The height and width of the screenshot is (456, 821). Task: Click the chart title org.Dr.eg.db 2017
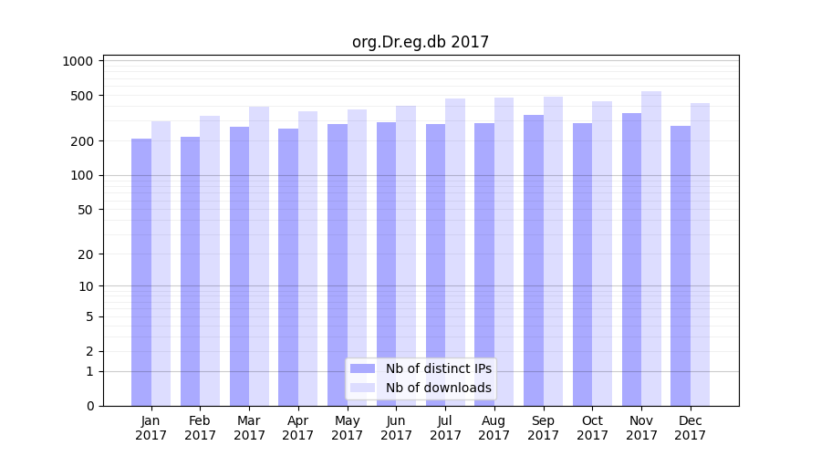click(421, 42)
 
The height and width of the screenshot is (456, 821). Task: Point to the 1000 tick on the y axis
click(78, 61)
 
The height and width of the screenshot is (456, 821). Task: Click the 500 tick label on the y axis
click(82, 96)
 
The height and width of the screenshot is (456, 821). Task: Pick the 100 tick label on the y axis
click(82, 175)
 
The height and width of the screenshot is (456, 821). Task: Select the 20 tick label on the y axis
click(86, 254)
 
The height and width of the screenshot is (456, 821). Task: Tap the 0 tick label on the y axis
click(89, 406)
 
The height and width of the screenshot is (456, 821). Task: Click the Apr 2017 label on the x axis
click(298, 428)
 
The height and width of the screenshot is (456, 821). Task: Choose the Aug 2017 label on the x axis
click(494, 428)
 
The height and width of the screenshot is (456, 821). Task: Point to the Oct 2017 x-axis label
click(592, 428)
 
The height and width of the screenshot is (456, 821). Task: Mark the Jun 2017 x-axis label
click(396, 428)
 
